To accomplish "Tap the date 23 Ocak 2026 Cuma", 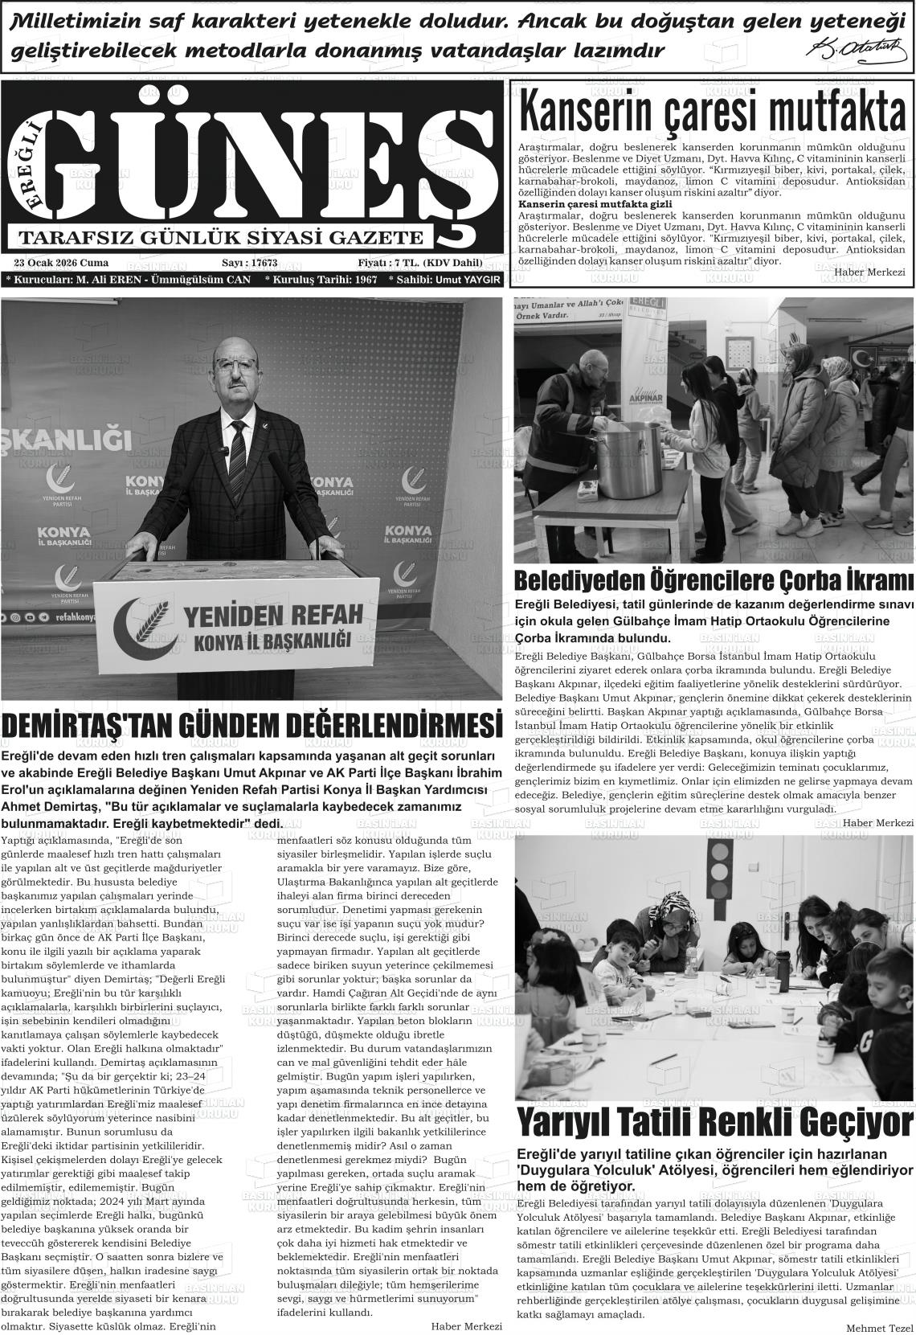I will coord(61,263).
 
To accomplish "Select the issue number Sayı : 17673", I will coord(249,263).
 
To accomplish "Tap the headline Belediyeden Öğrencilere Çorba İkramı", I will coord(714,580).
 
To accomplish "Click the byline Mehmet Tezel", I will coord(880,1327).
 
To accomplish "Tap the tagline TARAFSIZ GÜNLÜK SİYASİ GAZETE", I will coord(220,238).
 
